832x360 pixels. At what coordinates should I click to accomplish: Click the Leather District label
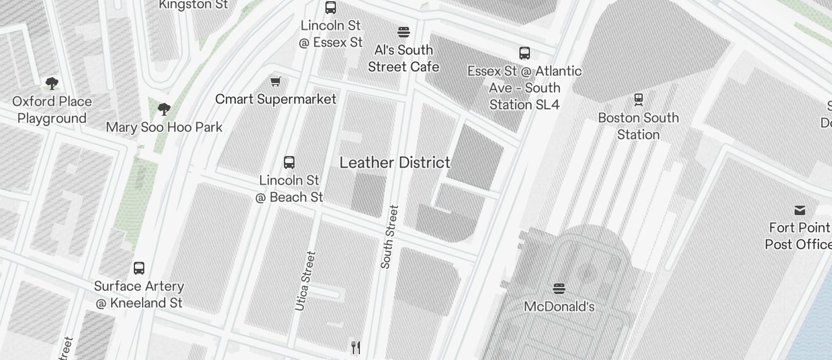(x=395, y=162)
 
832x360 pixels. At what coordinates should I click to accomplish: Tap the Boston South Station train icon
(x=639, y=100)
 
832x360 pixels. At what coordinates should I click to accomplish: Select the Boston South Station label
(x=638, y=126)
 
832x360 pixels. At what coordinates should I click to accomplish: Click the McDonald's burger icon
(x=559, y=288)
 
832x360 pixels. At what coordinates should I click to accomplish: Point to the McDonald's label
(x=559, y=306)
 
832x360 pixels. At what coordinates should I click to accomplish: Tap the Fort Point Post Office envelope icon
(x=799, y=210)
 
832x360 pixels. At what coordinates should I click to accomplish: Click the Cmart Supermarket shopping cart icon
(x=275, y=81)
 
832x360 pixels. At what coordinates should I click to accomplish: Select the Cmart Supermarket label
(x=276, y=99)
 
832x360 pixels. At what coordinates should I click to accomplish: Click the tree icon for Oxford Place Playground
(x=51, y=83)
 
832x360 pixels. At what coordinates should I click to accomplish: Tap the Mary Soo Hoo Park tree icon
(x=164, y=109)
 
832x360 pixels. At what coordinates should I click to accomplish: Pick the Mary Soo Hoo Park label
(x=164, y=127)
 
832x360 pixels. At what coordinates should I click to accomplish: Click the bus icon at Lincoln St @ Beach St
(x=289, y=162)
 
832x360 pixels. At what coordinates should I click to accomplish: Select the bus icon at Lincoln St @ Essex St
(x=331, y=8)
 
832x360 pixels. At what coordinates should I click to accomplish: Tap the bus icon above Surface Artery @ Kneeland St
(x=139, y=268)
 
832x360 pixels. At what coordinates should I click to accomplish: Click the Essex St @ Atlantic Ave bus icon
(x=525, y=53)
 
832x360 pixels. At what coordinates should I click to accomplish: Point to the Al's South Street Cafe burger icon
(x=403, y=32)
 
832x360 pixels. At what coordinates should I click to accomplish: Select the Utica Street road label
(x=305, y=281)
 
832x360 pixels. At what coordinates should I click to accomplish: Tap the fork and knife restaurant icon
(x=355, y=347)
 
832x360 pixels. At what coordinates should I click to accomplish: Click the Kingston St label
(x=193, y=5)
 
